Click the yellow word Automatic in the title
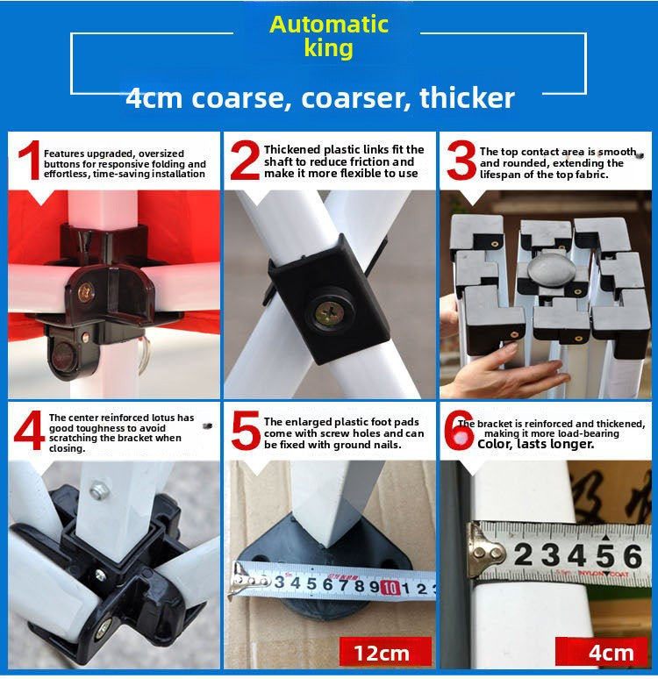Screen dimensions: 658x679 329,25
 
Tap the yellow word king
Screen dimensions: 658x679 328,47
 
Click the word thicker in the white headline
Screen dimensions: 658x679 467,97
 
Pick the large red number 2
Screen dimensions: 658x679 245,161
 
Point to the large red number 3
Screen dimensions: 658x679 461,161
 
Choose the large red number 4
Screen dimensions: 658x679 29,431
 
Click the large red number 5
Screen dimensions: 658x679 246,430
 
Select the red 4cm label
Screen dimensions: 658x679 602,652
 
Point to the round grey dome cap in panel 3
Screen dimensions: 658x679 552,269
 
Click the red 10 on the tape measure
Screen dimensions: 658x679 390,587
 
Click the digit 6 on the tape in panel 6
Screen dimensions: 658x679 633,556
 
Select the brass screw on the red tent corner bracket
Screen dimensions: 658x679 86,292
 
